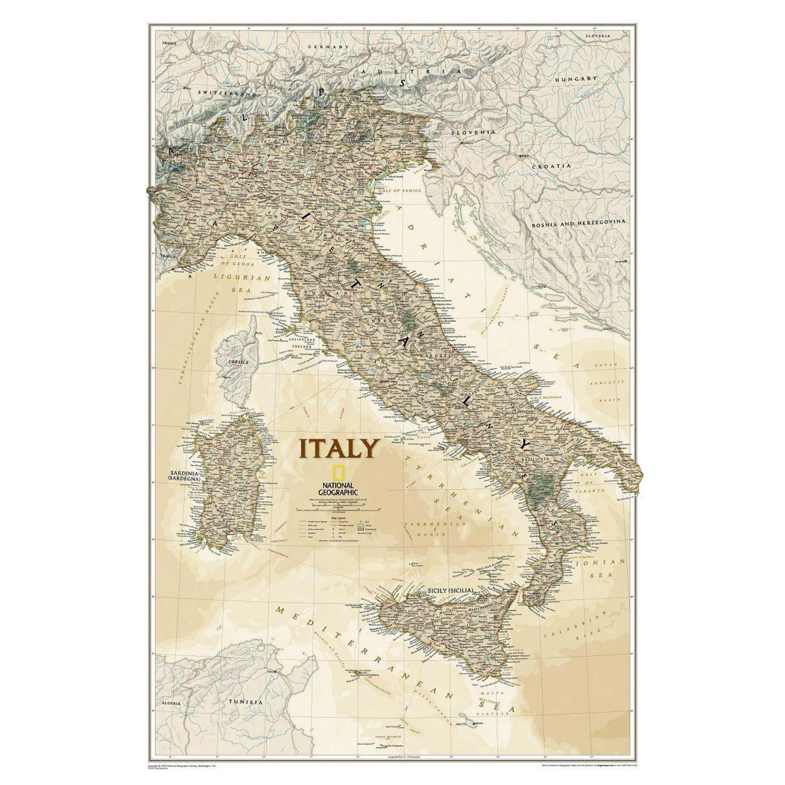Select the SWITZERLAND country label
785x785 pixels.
tap(227, 93)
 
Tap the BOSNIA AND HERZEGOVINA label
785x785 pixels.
tap(579, 222)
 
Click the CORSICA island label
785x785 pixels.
tap(239, 361)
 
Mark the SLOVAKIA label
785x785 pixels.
tap(598, 36)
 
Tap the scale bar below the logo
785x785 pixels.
tap(337, 508)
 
